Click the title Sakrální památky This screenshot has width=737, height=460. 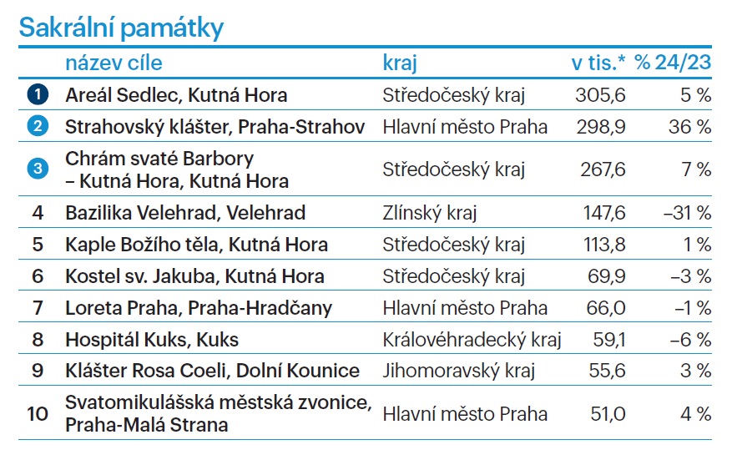pos(121,28)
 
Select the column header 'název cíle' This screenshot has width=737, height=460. pos(114,63)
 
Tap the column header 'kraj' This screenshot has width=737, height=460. pos(399,63)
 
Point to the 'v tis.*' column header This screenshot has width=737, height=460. pos(598,63)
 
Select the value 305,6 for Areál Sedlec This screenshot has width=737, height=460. pos(600,95)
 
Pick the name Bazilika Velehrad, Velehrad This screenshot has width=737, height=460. pos(185,213)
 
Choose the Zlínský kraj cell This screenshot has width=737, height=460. pos(429,213)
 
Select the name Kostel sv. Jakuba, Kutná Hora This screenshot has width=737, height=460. pos(194,276)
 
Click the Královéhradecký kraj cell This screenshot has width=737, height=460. pos(472,340)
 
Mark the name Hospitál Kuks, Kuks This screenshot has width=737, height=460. pos(152,340)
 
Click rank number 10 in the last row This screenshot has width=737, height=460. pos(38,414)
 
